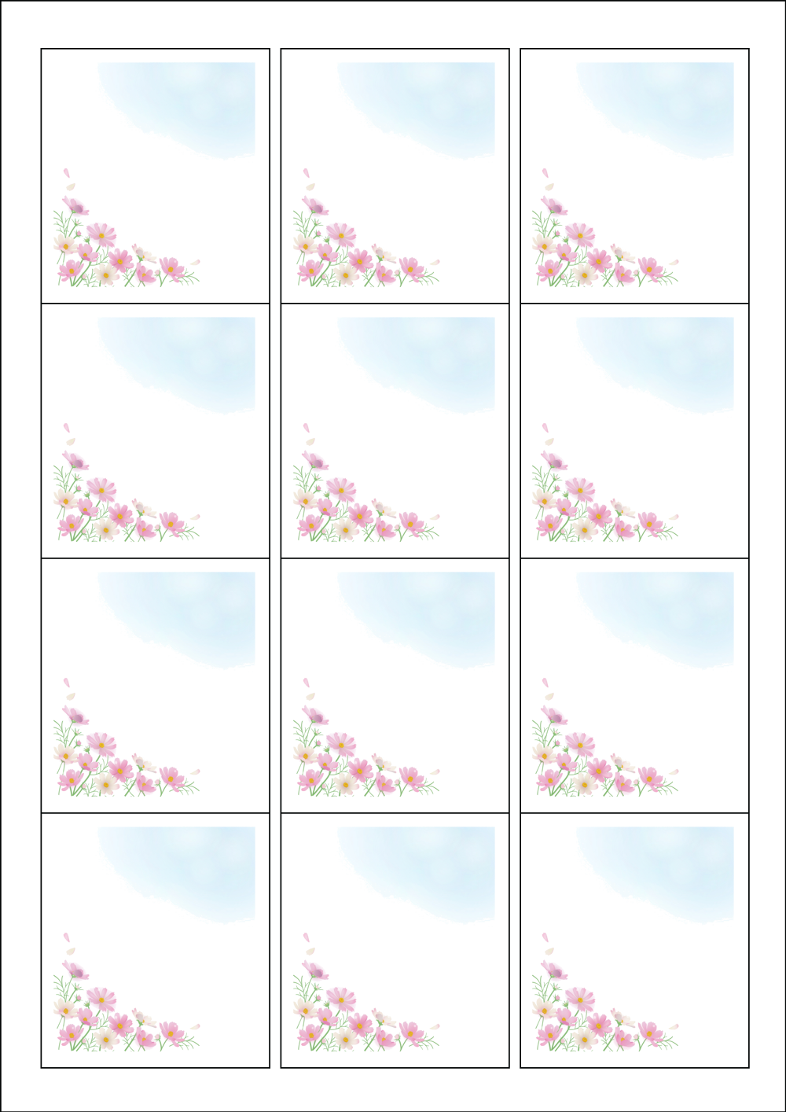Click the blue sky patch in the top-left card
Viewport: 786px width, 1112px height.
196,102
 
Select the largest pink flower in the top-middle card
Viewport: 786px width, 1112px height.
341,233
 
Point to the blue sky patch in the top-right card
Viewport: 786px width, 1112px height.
676,102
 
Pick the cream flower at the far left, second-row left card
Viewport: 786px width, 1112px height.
64,498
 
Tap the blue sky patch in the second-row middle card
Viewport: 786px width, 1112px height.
436,357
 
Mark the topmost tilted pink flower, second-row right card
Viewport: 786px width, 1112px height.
555,461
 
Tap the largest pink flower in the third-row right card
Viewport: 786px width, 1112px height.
581,742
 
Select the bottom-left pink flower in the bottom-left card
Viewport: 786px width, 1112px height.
69,1037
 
